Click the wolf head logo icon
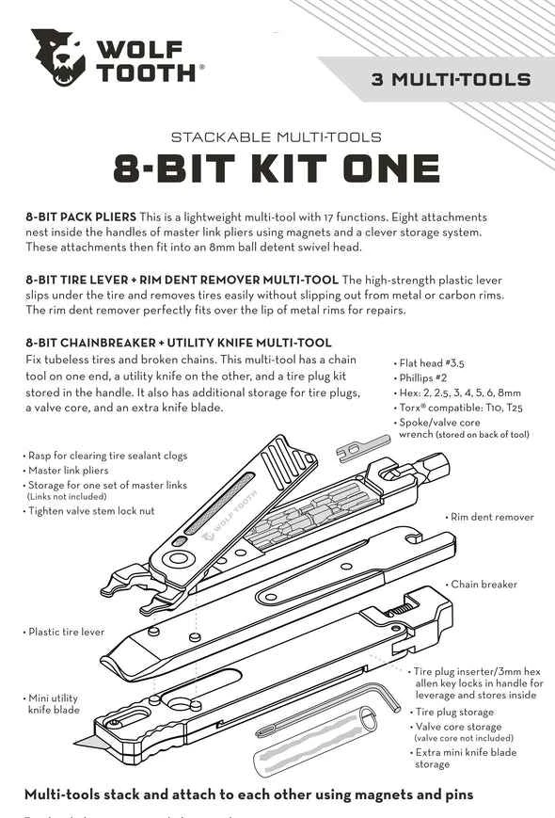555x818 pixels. [58, 57]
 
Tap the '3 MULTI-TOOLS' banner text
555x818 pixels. [450, 80]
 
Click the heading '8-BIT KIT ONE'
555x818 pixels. [277, 169]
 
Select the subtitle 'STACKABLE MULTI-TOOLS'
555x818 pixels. [277, 136]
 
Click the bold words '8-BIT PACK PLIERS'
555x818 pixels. [81, 217]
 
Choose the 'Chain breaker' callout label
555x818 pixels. [484, 585]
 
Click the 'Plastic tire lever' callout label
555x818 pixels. [66, 632]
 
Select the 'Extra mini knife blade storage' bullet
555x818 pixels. [466, 758]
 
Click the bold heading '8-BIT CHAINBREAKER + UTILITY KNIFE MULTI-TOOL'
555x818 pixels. [178, 342]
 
